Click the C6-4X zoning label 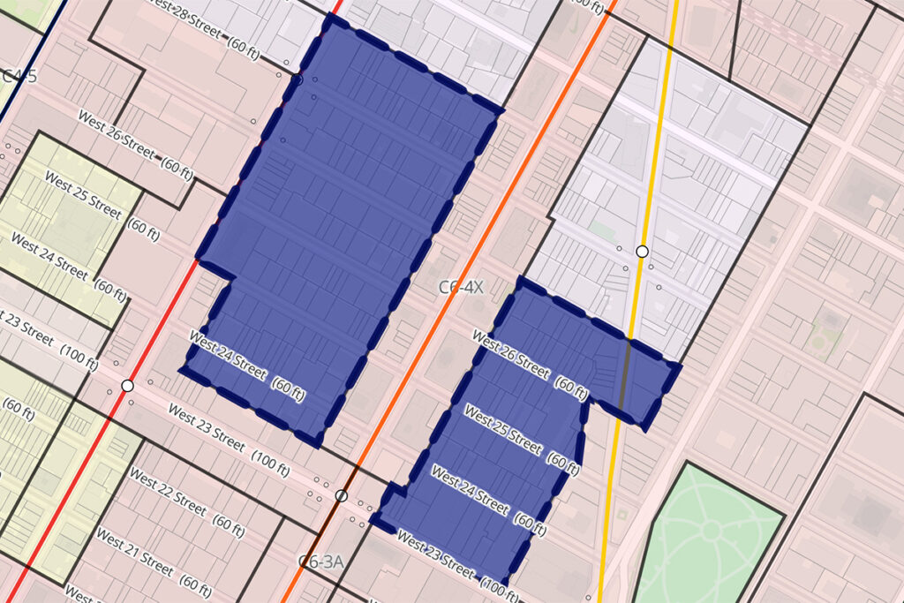pyautogui.click(x=462, y=288)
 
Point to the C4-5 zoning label pyautogui.click(x=18, y=76)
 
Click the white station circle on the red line pyautogui.click(x=127, y=387)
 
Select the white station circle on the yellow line pyautogui.click(x=643, y=251)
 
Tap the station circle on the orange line pyautogui.click(x=341, y=495)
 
